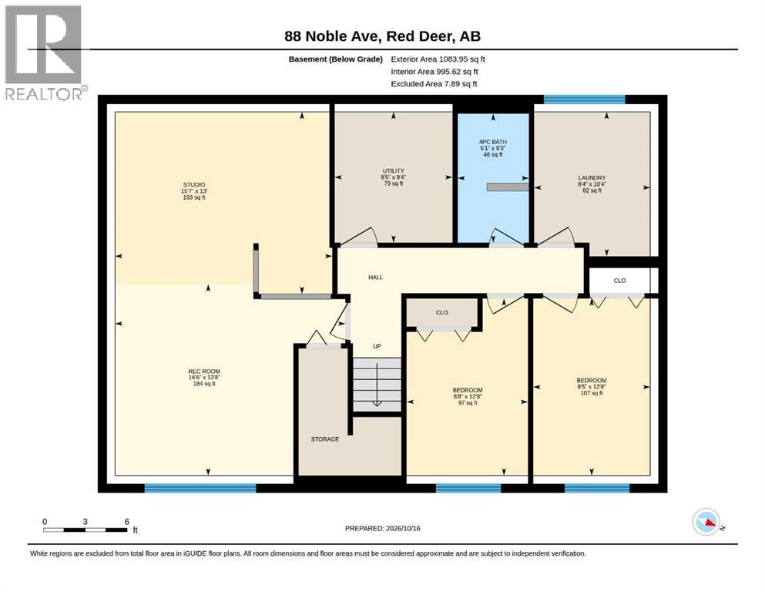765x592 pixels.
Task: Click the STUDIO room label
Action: tap(193, 184)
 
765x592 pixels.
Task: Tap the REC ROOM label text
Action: tap(204, 372)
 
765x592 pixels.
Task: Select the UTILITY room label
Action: tap(393, 171)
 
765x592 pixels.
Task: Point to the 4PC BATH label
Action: tap(493, 142)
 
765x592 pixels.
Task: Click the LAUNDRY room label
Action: tap(592, 177)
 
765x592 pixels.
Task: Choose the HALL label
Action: tap(376, 277)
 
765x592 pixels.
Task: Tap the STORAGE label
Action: tap(325, 439)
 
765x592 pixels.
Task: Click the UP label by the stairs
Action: tap(377, 347)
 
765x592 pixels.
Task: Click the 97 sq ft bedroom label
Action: tap(468, 390)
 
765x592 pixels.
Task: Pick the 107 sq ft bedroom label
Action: tap(592, 380)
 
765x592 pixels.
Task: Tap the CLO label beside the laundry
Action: tap(619, 281)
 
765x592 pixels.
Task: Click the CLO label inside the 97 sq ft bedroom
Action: tap(441, 312)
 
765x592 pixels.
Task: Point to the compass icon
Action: tap(706, 522)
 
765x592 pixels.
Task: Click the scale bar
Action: tap(85, 530)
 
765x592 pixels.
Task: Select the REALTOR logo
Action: tap(44, 52)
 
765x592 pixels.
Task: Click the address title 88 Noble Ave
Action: tap(382, 36)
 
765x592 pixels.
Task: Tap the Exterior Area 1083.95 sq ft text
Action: tap(438, 59)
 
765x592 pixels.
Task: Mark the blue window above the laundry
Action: tap(584, 99)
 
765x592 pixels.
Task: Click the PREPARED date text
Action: tap(382, 528)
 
